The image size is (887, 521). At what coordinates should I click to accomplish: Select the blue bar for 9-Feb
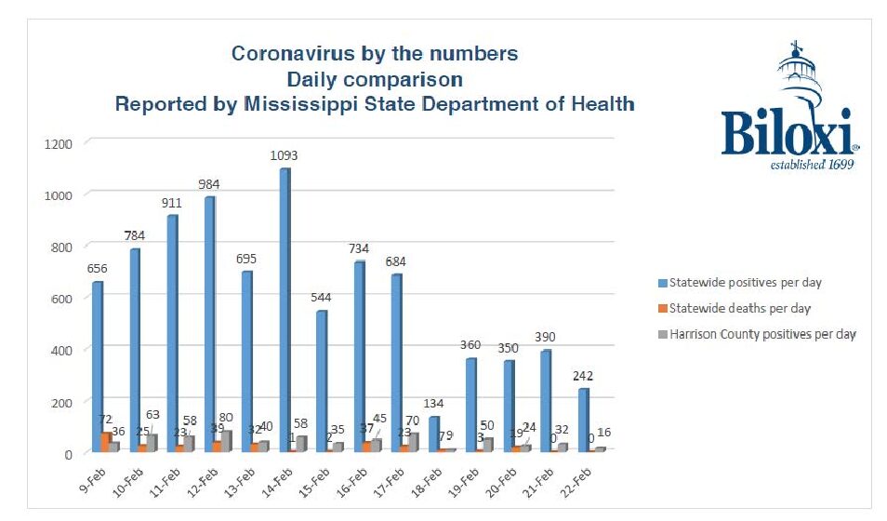click(98, 367)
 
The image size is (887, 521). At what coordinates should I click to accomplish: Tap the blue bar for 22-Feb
click(584, 420)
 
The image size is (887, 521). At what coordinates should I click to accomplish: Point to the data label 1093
click(284, 155)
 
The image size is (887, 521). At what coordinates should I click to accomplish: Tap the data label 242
click(584, 376)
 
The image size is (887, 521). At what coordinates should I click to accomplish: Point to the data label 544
click(321, 298)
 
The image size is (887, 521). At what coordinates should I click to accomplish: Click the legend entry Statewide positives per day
click(740, 282)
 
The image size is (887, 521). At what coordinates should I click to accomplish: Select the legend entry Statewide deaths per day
click(735, 308)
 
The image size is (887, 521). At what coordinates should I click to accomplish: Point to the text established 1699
click(813, 165)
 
